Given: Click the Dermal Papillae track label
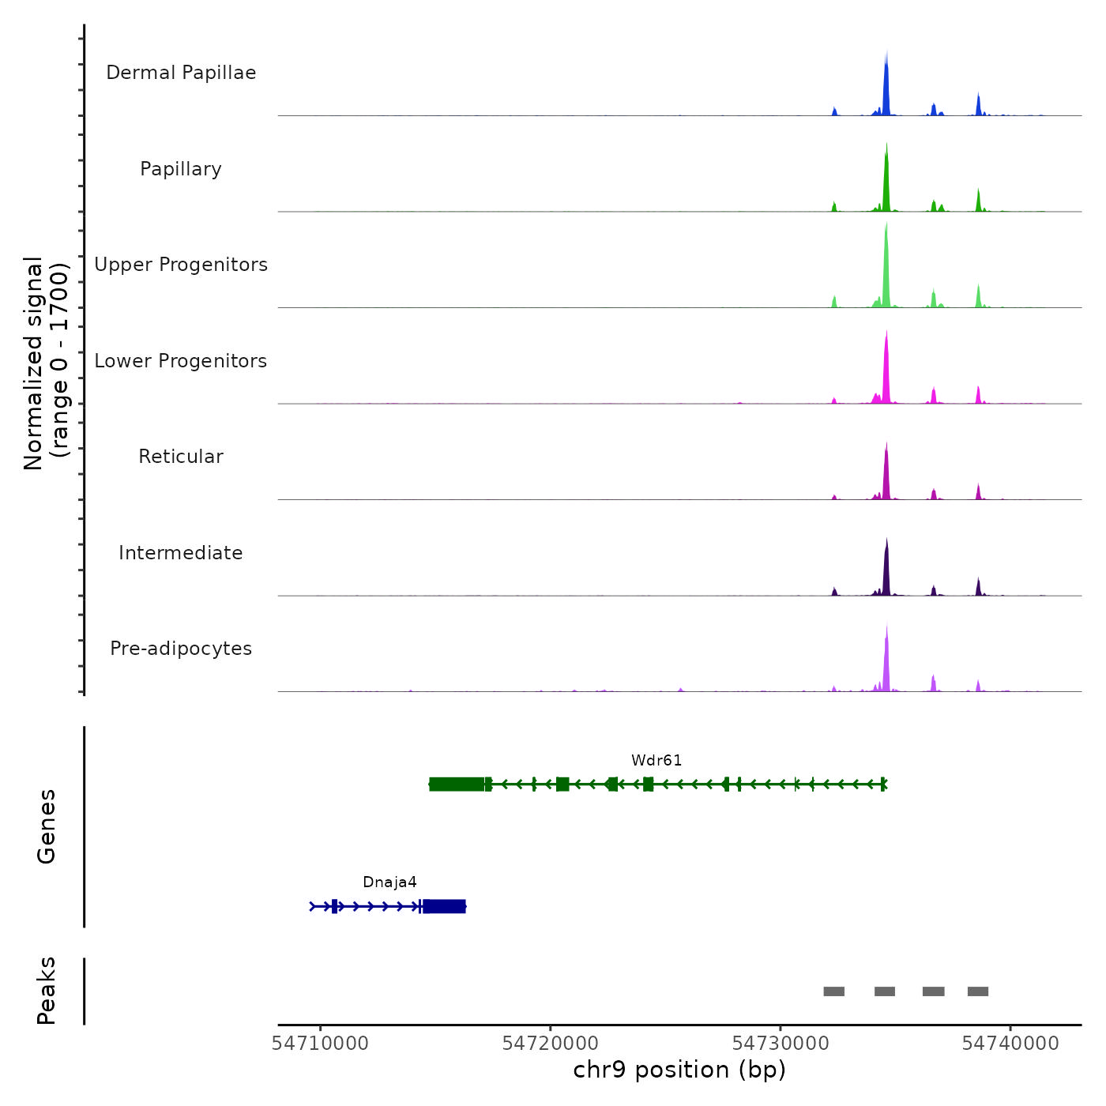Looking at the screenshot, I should pos(181,73).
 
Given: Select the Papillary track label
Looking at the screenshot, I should pos(181,169).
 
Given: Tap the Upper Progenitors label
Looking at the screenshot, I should pos(181,265).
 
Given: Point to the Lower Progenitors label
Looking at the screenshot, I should pos(181,361).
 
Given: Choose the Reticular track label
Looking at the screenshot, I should pos(181,457).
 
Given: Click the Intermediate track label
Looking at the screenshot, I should pos(181,553).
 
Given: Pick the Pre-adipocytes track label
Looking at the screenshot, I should pos(181,649).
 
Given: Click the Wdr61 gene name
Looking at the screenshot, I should pos(656,761).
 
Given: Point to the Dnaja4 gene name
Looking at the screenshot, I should pos(389,882).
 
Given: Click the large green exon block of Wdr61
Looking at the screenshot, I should pos(457,784).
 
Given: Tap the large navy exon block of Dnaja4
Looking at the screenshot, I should pos(444,906).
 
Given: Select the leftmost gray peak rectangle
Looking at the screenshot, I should pos(833,991).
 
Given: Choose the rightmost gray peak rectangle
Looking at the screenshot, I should pos(978,991).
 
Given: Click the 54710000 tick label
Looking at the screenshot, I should pos(320,1044).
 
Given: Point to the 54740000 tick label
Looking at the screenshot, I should pos(1010,1044).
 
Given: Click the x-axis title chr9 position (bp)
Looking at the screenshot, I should pos(679,1070).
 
